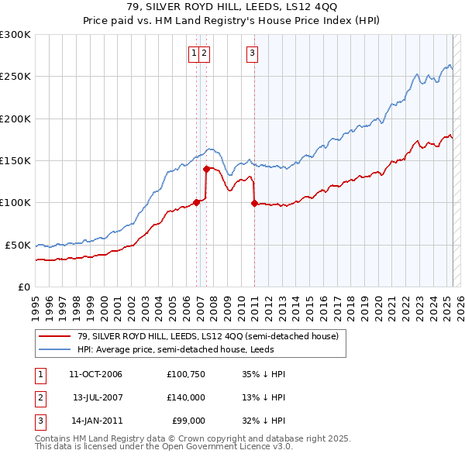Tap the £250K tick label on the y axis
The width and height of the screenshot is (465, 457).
15,77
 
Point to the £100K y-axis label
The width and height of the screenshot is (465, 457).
15,202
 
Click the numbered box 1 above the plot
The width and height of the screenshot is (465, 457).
193,53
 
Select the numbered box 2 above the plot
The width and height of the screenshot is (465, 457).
203,53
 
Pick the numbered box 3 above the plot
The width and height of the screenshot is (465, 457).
253,53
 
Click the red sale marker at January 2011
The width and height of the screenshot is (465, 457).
254,204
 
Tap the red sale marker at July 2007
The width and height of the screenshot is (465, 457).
206,169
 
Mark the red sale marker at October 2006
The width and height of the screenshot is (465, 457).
196,202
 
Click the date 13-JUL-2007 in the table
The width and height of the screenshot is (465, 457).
98,397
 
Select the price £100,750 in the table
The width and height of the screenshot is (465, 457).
185,374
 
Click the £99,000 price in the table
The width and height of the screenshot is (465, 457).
187,421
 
